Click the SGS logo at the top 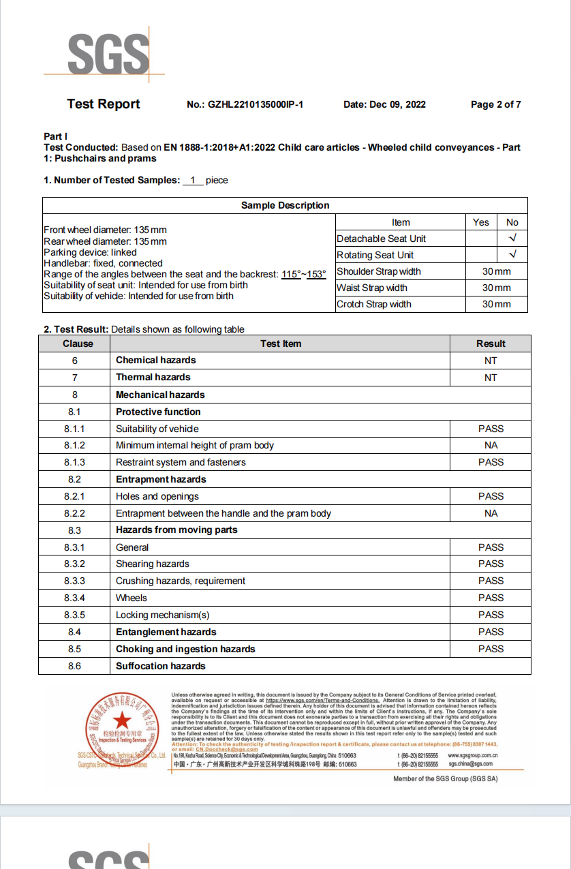click(x=108, y=54)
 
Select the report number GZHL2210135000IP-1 click(x=256, y=105)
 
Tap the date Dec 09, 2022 click(x=397, y=105)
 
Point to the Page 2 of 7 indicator click(x=495, y=105)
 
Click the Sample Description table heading click(x=285, y=206)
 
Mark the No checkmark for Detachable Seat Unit click(x=512, y=239)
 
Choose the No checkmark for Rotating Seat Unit click(x=512, y=255)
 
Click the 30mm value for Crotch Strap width click(x=496, y=304)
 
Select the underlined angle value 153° click(x=316, y=274)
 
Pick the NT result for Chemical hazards click(x=491, y=361)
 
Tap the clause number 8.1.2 click(x=75, y=446)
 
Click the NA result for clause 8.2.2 click(x=491, y=513)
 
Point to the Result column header click(x=491, y=344)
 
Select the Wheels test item click(x=132, y=598)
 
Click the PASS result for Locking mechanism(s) click(x=491, y=615)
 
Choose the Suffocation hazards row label click(x=161, y=666)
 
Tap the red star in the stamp click(x=122, y=719)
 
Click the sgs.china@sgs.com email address click(x=472, y=764)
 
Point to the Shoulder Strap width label click(x=379, y=271)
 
